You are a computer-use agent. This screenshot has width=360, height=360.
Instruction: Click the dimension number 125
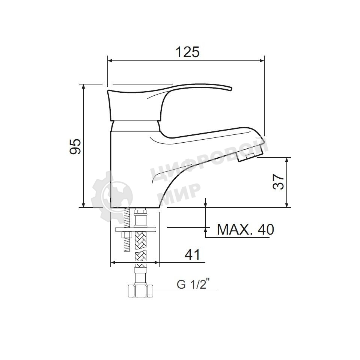[188, 52]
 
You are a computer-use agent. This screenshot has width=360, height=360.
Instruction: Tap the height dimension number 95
[75, 146]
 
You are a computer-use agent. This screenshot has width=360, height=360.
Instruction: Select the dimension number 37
[278, 181]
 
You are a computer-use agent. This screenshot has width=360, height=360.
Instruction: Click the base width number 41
[193, 255]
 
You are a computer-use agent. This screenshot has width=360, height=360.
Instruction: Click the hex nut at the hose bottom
[140, 291]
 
